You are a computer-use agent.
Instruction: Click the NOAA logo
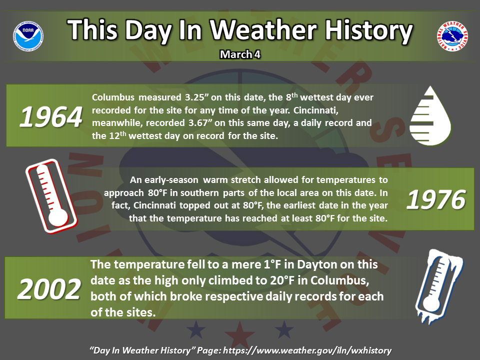pyautogui.click(x=28, y=36)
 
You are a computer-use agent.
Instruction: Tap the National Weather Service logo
pyautogui.click(x=452, y=36)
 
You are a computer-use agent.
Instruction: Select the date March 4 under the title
pyautogui.click(x=240, y=54)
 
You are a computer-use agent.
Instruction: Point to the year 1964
pyautogui.click(x=51, y=117)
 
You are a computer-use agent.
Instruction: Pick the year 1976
pyautogui.click(x=436, y=199)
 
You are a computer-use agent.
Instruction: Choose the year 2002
pyautogui.click(x=49, y=289)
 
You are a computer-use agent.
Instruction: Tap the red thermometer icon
pyautogui.click(x=51, y=196)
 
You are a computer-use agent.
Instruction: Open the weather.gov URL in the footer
pyautogui.click(x=307, y=350)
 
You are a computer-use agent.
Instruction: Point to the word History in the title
pyautogui.click(x=368, y=30)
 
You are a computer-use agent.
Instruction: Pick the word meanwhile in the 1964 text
pyautogui.click(x=116, y=123)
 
